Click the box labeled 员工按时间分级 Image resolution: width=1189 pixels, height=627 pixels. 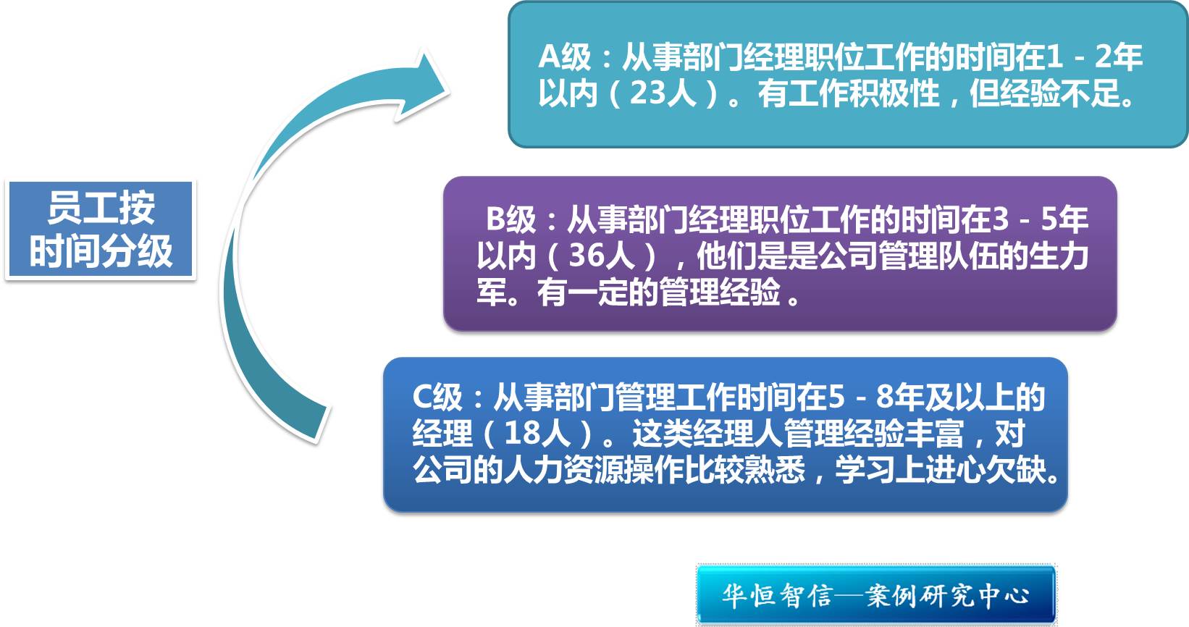[x=101, y=230]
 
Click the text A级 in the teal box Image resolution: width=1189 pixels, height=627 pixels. [x=564, y=56]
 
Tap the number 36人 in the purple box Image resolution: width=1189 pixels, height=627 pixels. [x=602, y=256]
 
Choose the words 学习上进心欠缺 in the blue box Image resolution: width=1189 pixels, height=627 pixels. [x=940, y=469]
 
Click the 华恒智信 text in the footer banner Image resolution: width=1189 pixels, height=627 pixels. [x=777, y=596]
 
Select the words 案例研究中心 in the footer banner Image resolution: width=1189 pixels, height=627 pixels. [x=948, y=596]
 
